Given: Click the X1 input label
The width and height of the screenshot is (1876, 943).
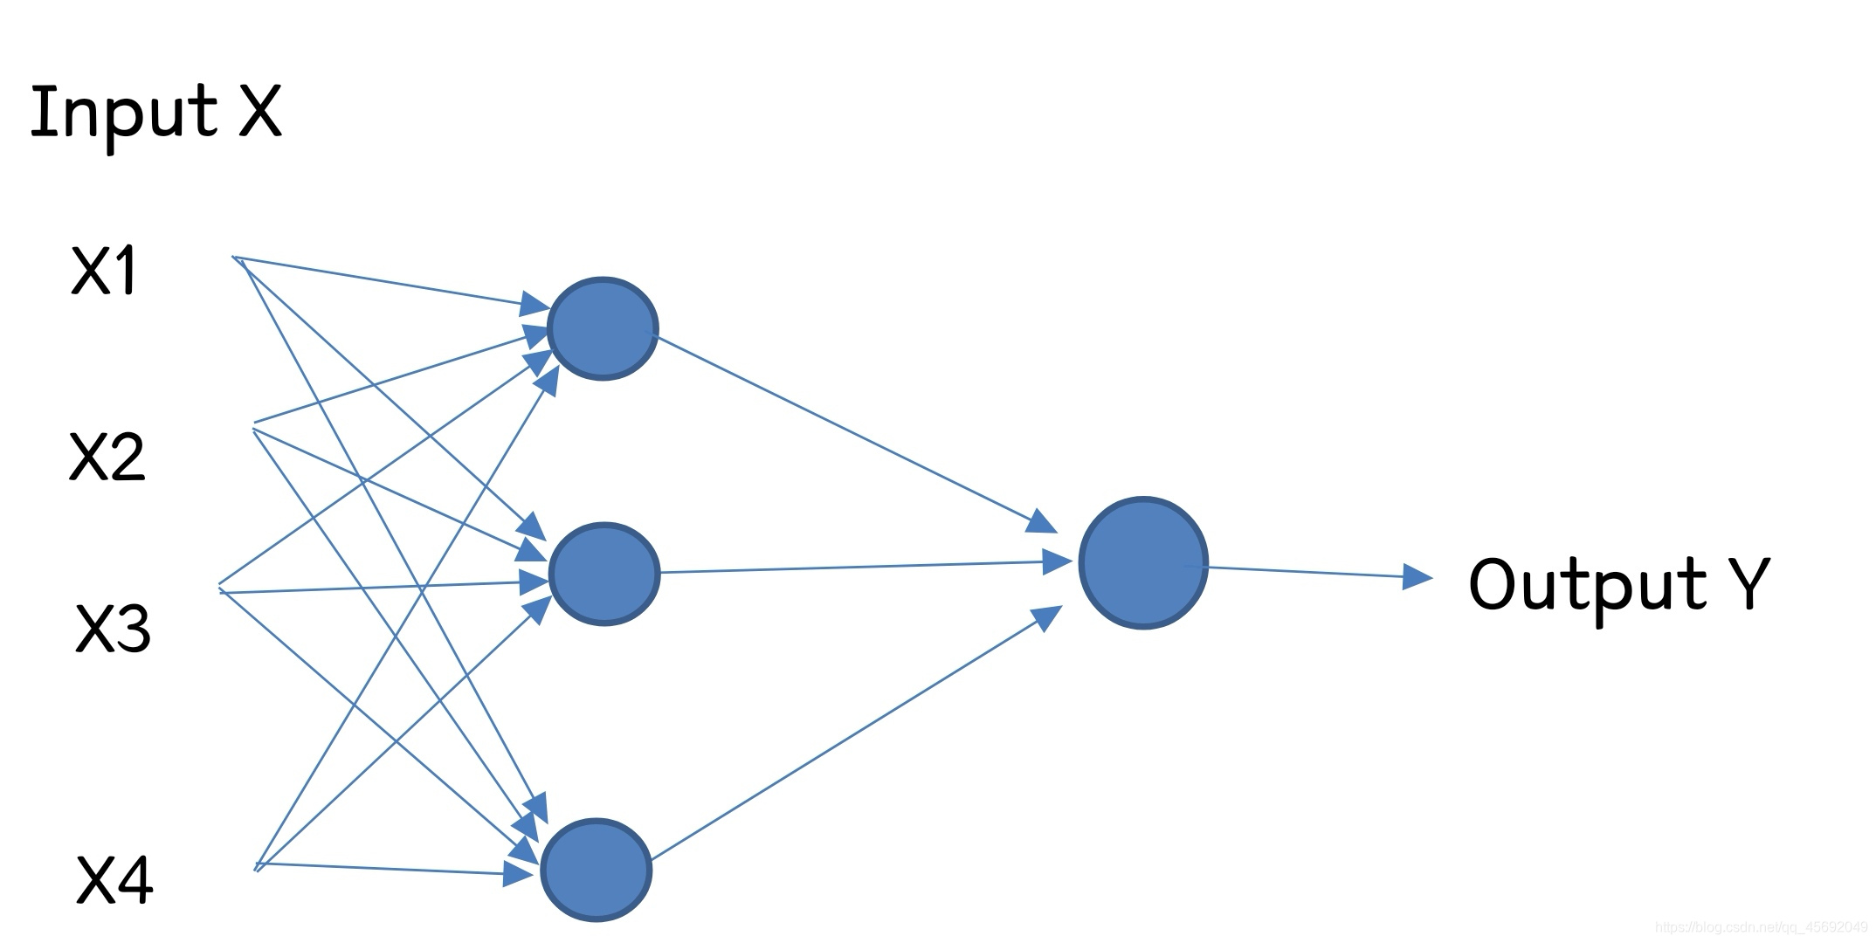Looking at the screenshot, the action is (104, 271).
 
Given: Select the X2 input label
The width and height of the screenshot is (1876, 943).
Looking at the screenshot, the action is (107, 457).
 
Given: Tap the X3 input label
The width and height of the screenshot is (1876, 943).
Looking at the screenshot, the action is (113, 629).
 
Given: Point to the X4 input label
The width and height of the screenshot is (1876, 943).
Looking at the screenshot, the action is (114, 880).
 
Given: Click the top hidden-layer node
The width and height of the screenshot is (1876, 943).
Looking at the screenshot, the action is (603, 328).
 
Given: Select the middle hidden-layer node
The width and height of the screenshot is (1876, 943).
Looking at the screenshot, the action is (604, 574).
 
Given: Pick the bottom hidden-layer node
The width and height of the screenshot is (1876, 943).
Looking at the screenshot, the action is (597, 870).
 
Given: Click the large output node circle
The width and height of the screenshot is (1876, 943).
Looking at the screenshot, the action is (1143, 563).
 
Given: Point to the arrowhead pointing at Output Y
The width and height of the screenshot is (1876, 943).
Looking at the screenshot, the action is (1417, 576).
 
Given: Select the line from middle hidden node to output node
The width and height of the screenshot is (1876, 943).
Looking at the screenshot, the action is (856, 568).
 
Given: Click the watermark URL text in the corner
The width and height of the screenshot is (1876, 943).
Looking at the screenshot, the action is (1761, 926).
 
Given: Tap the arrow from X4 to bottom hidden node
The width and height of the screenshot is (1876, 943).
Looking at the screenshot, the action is (384, 869).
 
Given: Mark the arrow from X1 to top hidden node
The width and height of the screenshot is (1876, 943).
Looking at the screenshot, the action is (384, 281).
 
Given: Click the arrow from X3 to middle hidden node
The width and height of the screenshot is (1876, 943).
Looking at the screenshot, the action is (376, 588).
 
